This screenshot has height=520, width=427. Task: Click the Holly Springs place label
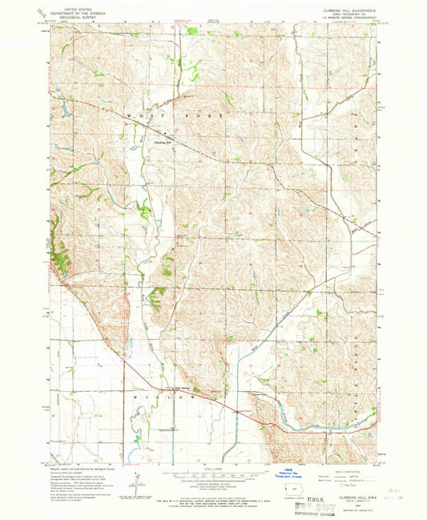tap(188, 385)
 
